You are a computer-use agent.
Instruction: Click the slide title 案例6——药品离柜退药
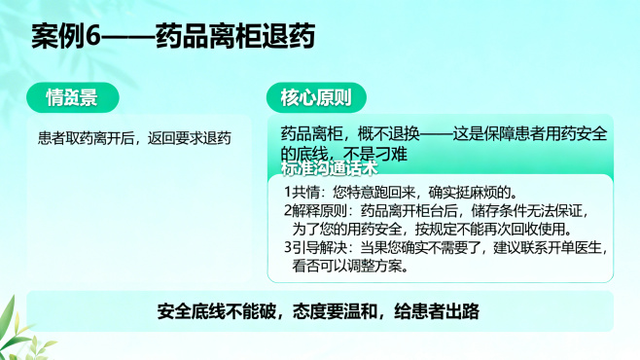tap(172, 37)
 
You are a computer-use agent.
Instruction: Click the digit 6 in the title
tap(93, 37)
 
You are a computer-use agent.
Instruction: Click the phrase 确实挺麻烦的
tap(481, 191)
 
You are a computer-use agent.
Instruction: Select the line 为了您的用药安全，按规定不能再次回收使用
tap(428, 228)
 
